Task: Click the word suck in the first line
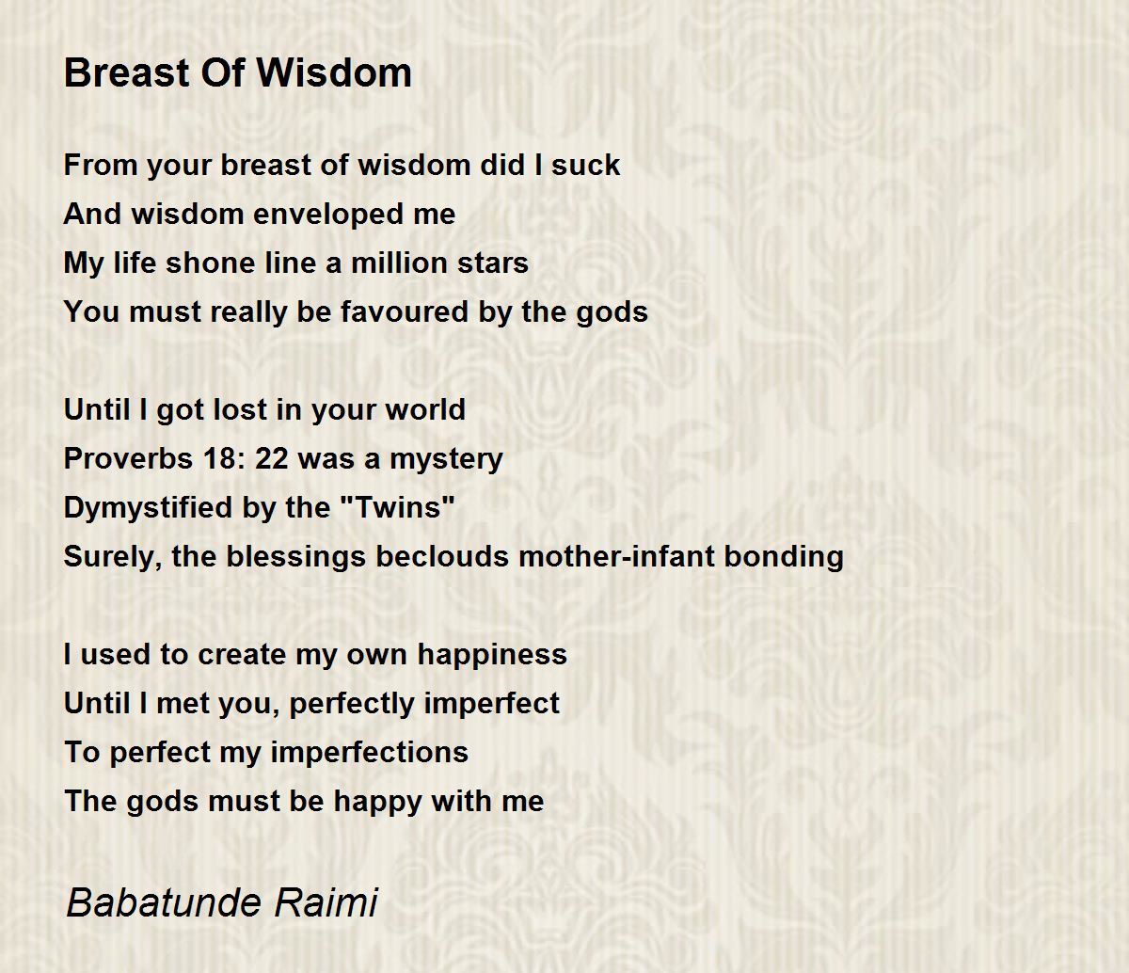585,165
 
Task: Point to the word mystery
446,460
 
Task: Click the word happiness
492,655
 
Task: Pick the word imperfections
369,753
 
